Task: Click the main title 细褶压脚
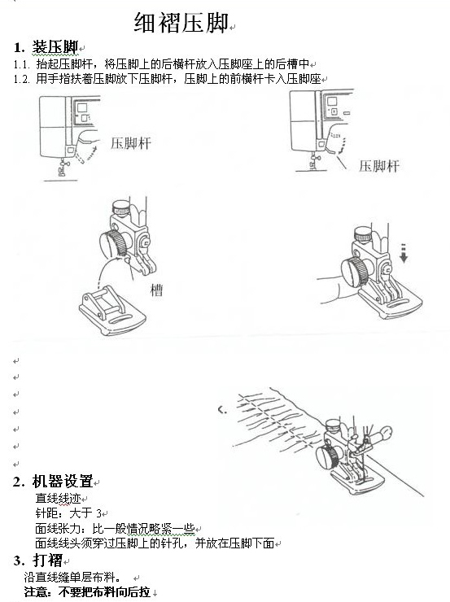pos(181,22)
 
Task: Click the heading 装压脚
pos(55,47)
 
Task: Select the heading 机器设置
pos(63,481)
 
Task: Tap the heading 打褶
pos(48,560)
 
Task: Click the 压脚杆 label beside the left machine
pos(131,143)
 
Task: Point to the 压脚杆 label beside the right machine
pos(379,166)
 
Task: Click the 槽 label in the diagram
pos(156,290)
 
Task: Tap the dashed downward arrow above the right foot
pos(404,253)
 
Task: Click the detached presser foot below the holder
pos(112,311)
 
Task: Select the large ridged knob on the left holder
pos(114,243)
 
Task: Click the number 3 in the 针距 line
pos(99,513)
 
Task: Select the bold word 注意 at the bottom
pos(37,592)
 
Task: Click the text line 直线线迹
pos(58,498)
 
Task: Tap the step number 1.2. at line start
pos(21,79)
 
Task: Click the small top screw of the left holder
pos(120,207)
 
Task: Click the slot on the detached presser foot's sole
pos(120,321)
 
